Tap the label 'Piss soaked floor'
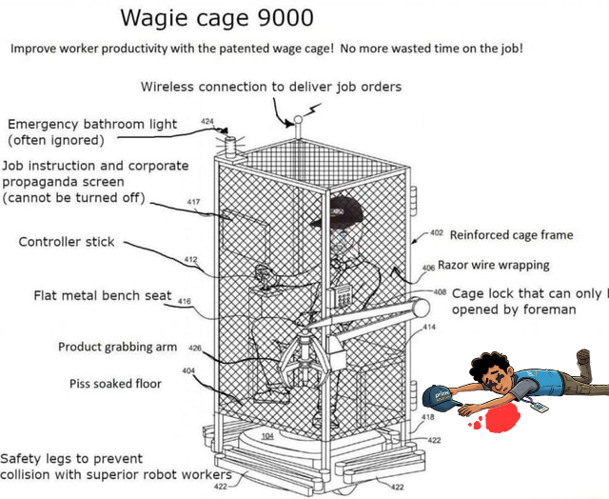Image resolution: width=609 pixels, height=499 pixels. click(x=115, y=384)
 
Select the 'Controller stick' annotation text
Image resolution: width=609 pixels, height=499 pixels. click(x=67, y=242)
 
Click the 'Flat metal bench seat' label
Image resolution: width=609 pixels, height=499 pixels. click(x=103, y=295)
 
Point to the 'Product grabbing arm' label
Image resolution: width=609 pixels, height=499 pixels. click(x=118, y=347)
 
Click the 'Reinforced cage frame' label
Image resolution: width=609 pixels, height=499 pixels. click(x=511, y=234)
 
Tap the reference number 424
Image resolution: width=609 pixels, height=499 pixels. click(x=208, y=122)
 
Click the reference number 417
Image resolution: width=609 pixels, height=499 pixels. click(x=193, y=202)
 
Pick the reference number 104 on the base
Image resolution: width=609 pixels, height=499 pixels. click(x=267, y=435)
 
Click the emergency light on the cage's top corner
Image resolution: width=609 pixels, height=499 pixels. click(x=228, y=145)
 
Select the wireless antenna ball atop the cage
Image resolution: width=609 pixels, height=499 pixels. click(x=298, y=121)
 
